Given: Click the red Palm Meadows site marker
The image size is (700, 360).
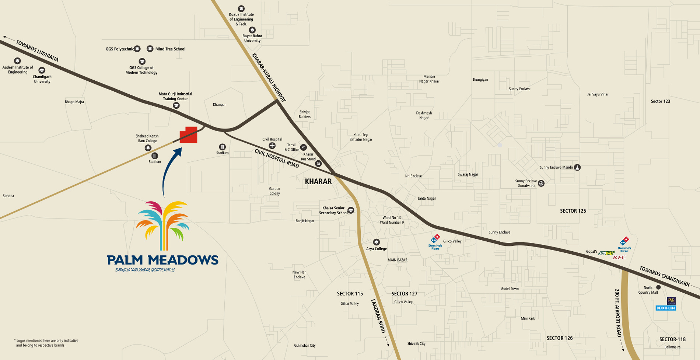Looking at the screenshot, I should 189,135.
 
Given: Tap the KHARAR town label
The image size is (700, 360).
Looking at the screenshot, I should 318,182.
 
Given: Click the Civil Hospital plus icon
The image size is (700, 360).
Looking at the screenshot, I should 272,146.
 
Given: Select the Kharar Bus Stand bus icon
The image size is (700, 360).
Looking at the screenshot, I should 318,164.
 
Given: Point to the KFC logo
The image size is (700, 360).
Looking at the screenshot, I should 619,258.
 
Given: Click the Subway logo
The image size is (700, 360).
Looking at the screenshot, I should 606,253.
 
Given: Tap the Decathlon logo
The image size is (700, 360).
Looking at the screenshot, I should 665,308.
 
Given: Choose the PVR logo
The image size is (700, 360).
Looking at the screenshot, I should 671,301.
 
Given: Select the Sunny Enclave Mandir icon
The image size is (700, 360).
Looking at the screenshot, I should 577,167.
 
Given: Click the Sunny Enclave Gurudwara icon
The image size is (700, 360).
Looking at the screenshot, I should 541,183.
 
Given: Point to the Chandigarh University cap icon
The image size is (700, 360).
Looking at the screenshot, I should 42,70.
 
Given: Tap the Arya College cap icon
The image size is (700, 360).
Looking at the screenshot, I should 376,242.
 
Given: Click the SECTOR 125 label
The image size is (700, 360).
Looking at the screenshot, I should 573,211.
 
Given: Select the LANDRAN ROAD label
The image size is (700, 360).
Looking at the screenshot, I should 379,316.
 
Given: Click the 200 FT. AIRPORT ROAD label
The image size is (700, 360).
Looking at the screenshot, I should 618,313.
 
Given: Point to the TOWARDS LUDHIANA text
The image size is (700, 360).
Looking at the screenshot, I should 37,51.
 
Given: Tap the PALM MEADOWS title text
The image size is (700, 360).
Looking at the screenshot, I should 162,260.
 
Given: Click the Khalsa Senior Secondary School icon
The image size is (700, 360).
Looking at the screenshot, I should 351,210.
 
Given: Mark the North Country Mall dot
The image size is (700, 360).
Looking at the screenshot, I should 658,287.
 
